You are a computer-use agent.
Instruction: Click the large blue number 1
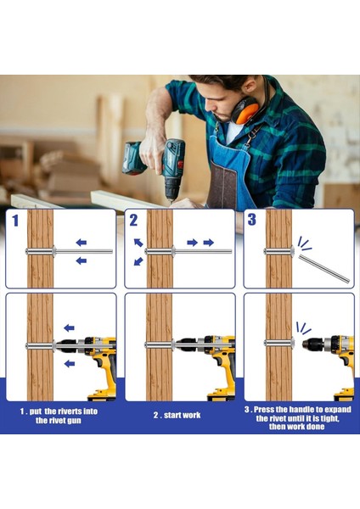(x=15, y=221)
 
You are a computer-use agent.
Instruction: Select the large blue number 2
(x=133, y=220)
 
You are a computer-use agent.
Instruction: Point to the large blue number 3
(x=252, y=219)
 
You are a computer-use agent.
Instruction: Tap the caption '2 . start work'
(x=177, y=415)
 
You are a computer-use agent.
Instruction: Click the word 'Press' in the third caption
(x=265, y=410)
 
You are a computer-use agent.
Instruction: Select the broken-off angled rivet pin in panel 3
(x=324, y=268)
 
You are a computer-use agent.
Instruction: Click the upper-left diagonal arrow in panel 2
(x=138, y=243)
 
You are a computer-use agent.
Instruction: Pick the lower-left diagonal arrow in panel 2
(x=138, y=261)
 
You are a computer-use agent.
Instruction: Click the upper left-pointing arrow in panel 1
(x=82, y=242)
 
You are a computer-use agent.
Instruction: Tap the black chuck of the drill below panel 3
(x=312, y=344)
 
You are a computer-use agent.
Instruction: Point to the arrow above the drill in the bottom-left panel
(x=69, y=327)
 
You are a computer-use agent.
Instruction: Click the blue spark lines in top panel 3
(x=305, y=243)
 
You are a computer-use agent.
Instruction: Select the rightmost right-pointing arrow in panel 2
(x=209, y=242)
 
